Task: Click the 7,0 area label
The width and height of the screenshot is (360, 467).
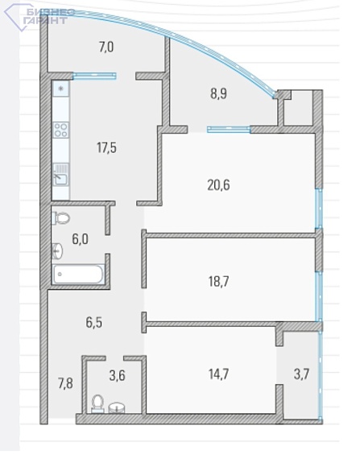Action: tap(106, 48)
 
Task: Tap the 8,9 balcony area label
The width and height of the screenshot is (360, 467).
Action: tap(219, 94)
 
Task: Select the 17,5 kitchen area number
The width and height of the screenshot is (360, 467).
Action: tap(106, 147)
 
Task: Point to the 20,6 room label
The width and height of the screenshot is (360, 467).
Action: tap(218, 185)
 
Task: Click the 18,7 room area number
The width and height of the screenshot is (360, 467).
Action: tap(219, 281)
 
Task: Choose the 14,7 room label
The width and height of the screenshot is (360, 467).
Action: tap(219, 374)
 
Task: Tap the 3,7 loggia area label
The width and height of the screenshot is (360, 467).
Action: tap(301, 374)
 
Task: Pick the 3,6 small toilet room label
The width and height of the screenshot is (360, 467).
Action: tap(117, 375)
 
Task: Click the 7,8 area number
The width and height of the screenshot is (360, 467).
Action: tap(65, 383)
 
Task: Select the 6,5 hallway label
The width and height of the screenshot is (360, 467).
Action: tap(94, 323)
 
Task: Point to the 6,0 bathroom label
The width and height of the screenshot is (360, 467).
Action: tap(81, 239)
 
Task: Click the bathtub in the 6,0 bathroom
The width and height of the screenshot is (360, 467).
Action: tap(78, 274)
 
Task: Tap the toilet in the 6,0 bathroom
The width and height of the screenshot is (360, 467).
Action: tap(60, 218)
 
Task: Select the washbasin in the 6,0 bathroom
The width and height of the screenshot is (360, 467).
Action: tap(57, 250)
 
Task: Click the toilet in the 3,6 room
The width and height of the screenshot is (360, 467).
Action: tap(97, 404)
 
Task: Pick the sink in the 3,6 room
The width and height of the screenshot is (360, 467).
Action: tap(117, 407)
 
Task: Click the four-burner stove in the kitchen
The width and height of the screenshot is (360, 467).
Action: tap(60, 130)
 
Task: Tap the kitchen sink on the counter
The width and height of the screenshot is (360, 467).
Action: tap(60, 175)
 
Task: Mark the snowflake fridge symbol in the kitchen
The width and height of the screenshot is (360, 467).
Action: tap(60, 89)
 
